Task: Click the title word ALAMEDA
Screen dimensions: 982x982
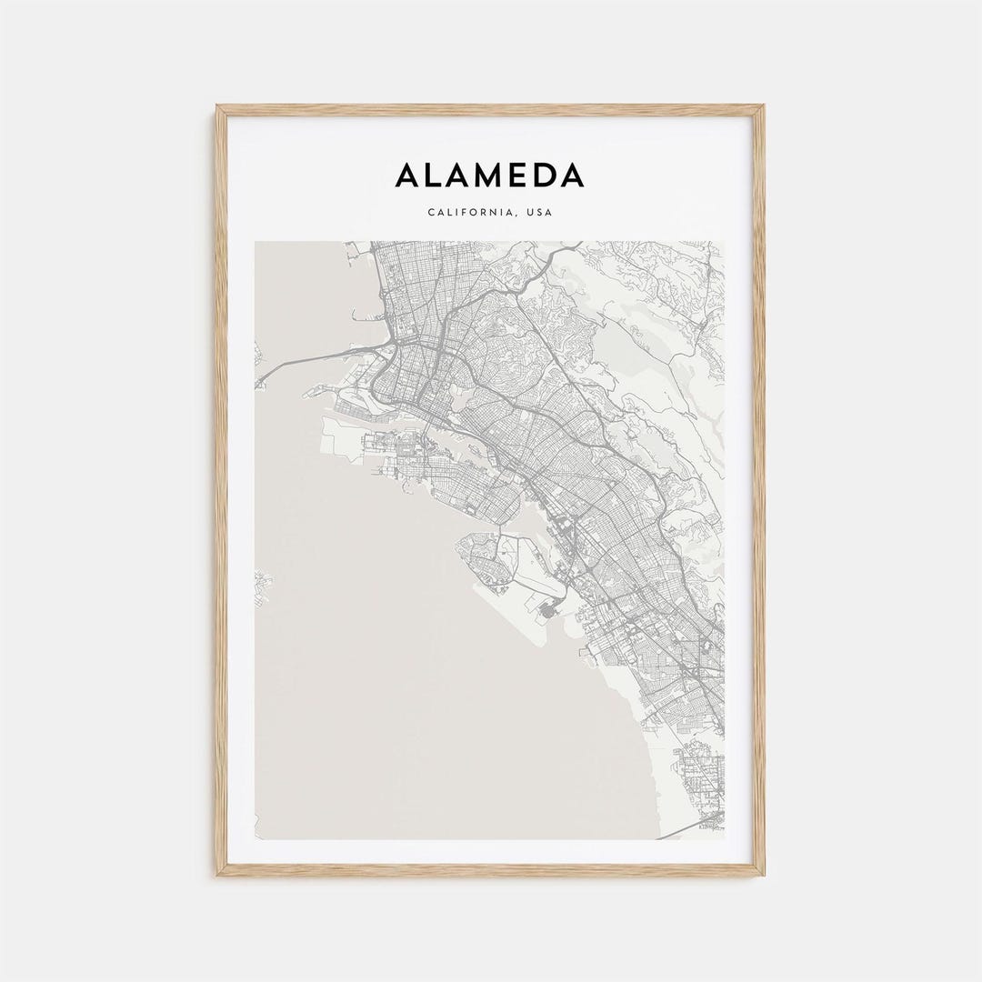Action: coord(490,175)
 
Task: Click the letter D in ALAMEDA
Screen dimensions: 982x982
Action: coord(543,175)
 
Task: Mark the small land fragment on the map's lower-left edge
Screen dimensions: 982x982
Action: coord(262,582)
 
